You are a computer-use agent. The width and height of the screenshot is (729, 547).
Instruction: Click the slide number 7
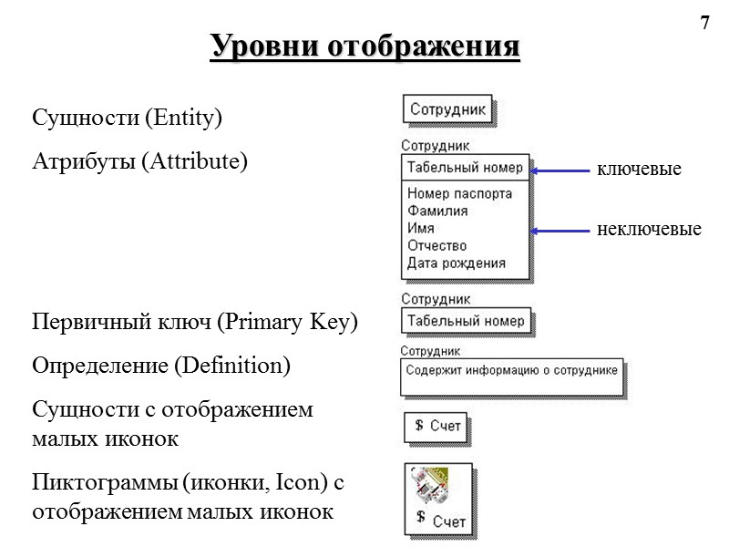(x=703, y=23)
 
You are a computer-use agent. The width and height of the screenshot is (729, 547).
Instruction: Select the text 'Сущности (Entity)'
(x=128, y=119)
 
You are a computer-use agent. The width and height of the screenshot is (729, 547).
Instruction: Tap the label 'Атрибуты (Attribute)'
(x=139, y=162)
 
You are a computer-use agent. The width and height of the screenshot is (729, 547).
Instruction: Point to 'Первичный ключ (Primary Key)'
(x=195, y=324)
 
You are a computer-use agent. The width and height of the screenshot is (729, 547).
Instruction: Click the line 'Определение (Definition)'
(x=160, y=366)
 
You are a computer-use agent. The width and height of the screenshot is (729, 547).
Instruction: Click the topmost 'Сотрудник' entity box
(x=448, y=109)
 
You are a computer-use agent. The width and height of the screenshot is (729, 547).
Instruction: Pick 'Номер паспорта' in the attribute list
(x=459, y=193)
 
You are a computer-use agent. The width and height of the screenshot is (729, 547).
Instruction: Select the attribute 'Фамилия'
(x=437, y=211)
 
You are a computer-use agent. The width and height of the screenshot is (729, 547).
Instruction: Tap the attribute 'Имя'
(x=421, y=228)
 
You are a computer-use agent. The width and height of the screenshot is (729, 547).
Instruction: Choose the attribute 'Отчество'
(x=437, y=245)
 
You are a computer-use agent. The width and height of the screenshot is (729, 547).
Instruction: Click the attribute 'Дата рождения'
(x=456, y=263)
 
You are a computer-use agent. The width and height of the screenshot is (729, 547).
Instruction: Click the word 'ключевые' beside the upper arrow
(x=639, y=170)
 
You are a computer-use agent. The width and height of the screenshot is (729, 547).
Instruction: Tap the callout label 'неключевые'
(x=649, y=230)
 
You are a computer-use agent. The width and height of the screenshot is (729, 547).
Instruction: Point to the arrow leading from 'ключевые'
(x=560, y=170)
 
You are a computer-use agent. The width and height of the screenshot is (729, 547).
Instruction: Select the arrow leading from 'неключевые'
(x=560, y=232)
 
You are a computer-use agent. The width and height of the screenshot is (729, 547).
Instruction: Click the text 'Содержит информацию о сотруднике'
(x=512, y=370)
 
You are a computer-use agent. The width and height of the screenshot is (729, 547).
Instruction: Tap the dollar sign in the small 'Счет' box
(x=418, y=425)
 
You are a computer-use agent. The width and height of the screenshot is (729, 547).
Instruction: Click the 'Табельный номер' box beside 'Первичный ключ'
(x=466, y=321)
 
